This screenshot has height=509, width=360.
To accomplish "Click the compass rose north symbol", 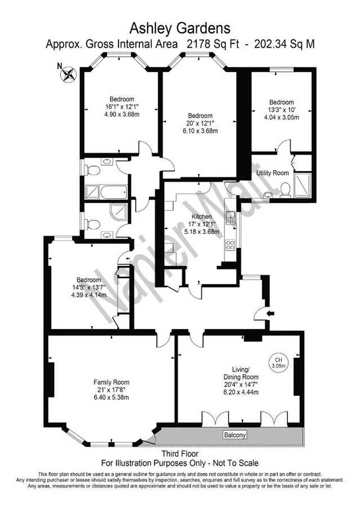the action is [68, 74].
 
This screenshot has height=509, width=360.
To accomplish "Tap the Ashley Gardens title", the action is [180, 28].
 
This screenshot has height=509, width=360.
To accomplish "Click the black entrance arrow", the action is [271, 313].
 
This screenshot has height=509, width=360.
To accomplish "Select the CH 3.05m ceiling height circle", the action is [278, 363].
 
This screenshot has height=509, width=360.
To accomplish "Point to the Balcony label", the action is [235, 435].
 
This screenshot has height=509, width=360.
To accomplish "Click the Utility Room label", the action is [272, 173].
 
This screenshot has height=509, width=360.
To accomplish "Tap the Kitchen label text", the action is [201, 217].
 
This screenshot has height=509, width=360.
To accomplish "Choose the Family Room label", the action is [111, 382].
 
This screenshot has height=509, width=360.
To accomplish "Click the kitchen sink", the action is [231, 218].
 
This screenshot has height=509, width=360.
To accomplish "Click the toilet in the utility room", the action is [285, 189].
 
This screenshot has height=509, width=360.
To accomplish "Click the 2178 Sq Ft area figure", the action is [213, 44].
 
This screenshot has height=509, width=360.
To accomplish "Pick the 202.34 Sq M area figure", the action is [285, 44].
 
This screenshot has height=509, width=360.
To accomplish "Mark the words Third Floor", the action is [180, 453].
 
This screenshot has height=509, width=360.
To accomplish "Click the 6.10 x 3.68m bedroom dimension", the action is [200, 131].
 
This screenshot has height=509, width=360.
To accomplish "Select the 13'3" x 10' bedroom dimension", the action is [281, 110].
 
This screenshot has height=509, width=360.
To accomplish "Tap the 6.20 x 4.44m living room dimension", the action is [241, 392].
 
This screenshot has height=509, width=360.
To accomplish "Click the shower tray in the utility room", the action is [303, 186].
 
